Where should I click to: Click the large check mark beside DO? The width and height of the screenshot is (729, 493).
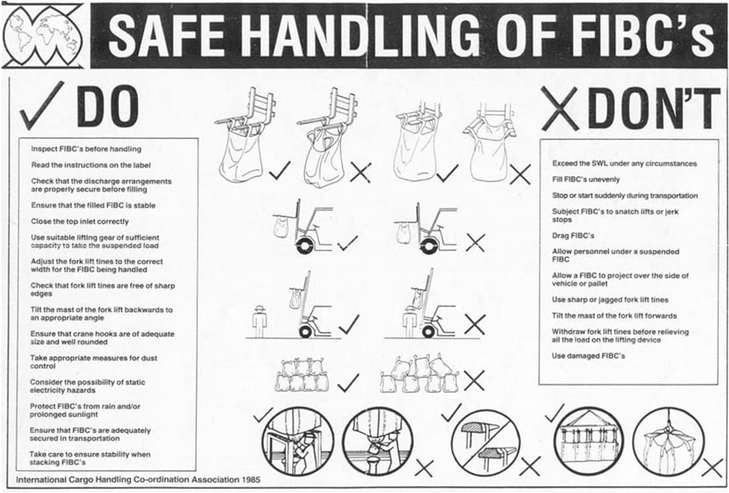[x=42, y=105]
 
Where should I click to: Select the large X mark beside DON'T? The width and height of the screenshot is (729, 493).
[x=560, y=109]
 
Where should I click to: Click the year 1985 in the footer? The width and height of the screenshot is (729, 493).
[x=251, y=480]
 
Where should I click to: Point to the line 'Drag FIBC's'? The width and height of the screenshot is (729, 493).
[x=573, y=235]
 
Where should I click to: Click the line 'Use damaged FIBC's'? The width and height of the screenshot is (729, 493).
[x=588, y=355]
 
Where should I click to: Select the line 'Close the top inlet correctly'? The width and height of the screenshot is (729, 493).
[x=80, y=221]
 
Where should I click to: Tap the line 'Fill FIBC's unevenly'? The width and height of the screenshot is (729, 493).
[x=585, y=180]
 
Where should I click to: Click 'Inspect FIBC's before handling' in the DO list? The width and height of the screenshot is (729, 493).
[x=86, y=149]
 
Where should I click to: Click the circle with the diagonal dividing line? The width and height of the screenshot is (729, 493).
[x=485, y=442]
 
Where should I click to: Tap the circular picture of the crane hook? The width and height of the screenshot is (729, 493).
[x=668, y=441]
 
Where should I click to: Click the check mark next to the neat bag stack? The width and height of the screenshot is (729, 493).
[x=348, y=382]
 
